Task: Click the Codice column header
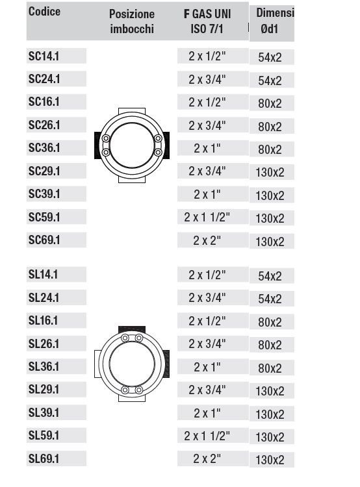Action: click(44, 12)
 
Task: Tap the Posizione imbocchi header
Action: click(132, 21)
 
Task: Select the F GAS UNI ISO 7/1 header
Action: click(207, 21)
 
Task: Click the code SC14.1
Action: click(44, 56)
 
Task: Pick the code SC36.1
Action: click(44, 147)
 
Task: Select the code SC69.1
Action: click(44, 240)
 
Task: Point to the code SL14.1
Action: click(43, 274)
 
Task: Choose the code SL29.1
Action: click(44, 389)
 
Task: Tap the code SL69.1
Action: click(44, 458)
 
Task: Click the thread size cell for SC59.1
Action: click(207, 217)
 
